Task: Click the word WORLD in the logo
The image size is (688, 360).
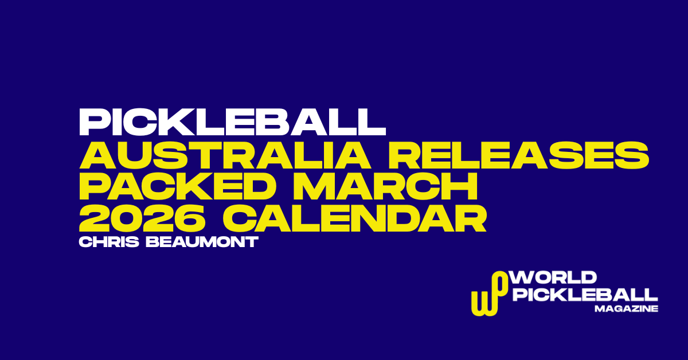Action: [554, 279]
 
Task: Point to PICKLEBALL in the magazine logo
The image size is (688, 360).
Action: [585, 295]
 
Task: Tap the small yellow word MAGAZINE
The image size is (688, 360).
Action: [626, 309]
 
